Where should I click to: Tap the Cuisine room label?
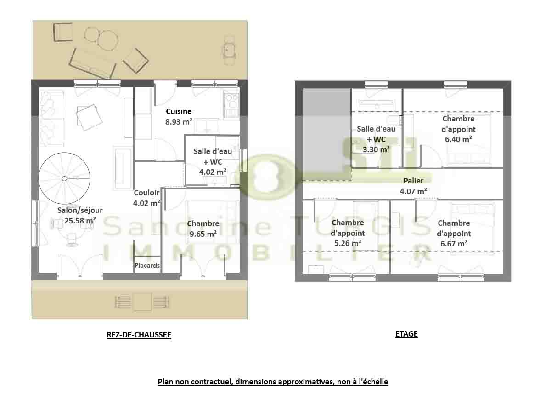coord(179,111)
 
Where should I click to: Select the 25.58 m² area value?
coord(80,220)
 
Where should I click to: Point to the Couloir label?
coord(146,193)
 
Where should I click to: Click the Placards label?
coord(147,265)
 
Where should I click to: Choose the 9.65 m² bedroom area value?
coord(203,234)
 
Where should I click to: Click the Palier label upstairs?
coord(413,181)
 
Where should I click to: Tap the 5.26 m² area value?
coord(348,243)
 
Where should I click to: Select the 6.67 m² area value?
coord(454,243)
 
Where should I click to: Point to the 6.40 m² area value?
coord(458,139)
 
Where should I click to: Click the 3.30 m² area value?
coord(376,149)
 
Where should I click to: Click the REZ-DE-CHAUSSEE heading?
coord(139,335)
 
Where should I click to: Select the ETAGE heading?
coord(406,334)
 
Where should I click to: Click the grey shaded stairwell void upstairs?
coord(326,134)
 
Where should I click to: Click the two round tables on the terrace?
coord(101,38)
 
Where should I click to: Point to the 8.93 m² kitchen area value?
coord(179,122)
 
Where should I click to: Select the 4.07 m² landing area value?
coord(413,191)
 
